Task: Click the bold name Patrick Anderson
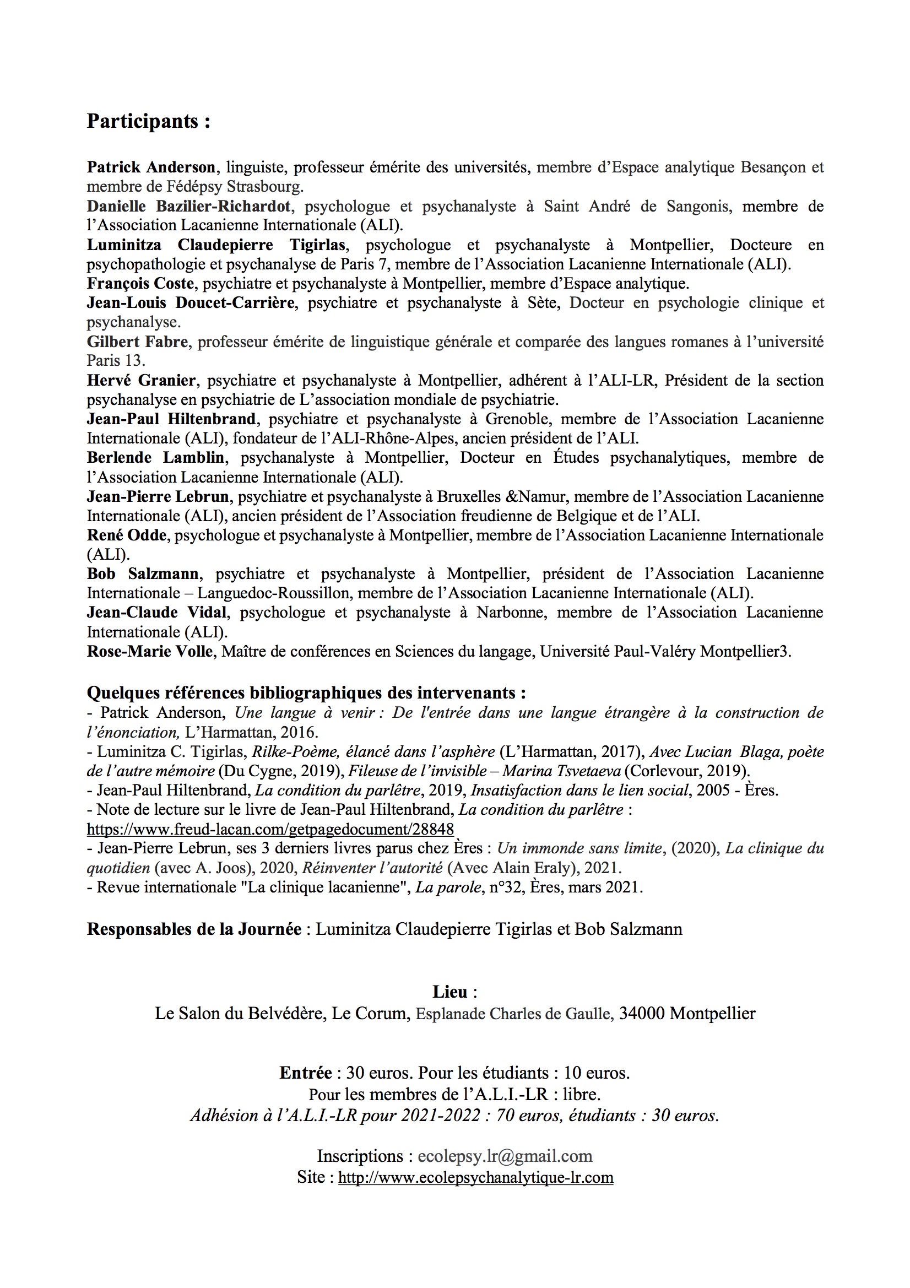151,167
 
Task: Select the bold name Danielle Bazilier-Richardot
188,207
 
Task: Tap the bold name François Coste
140,283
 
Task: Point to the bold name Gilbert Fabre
137,342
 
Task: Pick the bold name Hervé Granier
141,380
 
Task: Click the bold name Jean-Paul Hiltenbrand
171,419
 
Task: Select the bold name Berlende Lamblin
155,458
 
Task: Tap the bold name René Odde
127,535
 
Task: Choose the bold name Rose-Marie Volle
150,651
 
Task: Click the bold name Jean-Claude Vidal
156,613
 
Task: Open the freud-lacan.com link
270,829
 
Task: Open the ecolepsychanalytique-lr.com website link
475,1177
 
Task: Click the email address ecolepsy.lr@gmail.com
505,1156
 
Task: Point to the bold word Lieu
449,992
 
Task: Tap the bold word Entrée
305,1073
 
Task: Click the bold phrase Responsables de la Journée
194,929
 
